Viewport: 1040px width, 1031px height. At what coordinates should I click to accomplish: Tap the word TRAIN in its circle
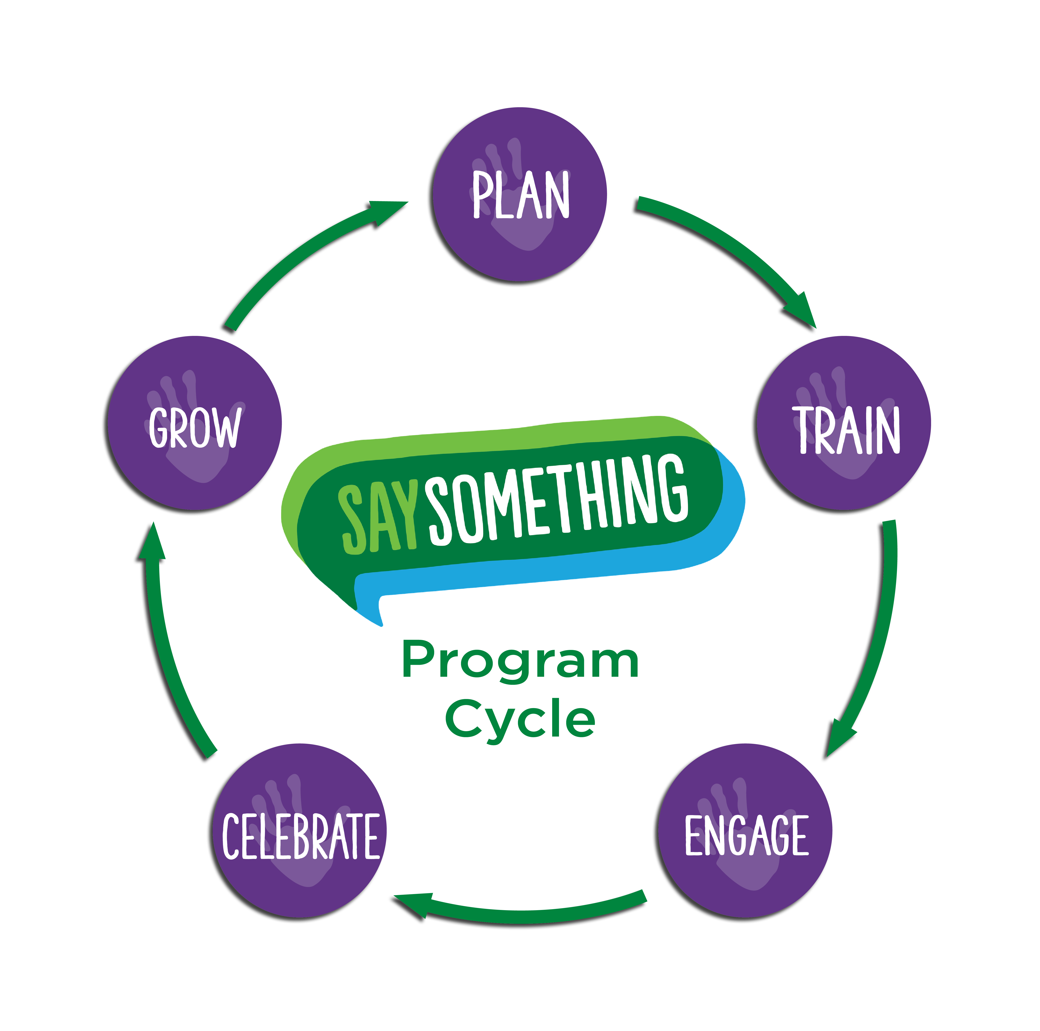point(846,430)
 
